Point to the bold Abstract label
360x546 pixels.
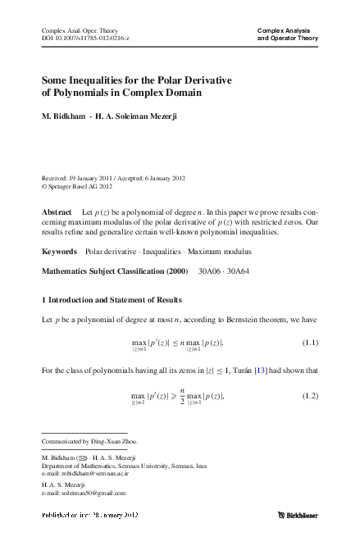(57, 212)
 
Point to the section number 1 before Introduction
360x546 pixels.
(43, 293)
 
